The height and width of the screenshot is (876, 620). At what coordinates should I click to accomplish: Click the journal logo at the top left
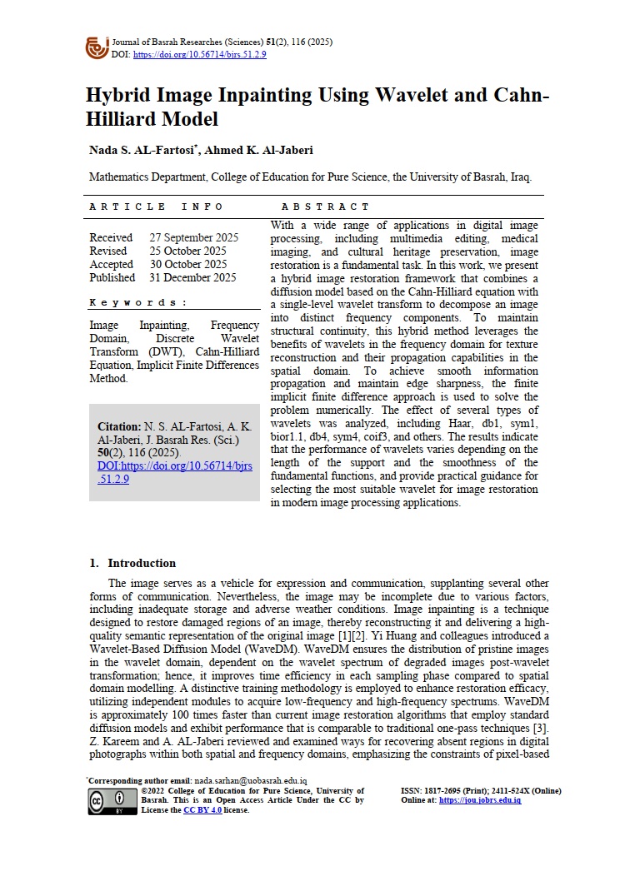[x=97, y=47]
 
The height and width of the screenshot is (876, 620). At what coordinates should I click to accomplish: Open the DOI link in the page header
[x=199, y=54]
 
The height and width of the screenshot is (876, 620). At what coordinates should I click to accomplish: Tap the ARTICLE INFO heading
[x=156, y=207]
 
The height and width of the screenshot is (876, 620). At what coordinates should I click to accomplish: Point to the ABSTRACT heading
[x=325, y=207]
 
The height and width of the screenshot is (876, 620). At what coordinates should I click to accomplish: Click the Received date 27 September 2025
[x=193, y=238]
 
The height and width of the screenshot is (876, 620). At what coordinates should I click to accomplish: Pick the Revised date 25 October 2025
[x=187, y=251]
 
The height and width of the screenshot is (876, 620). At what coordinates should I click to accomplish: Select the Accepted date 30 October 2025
[x=187, y=265]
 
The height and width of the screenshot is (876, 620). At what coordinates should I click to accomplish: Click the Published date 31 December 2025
[x=192, y=278]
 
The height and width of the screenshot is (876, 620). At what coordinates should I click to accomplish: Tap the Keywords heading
[x=138, y=302]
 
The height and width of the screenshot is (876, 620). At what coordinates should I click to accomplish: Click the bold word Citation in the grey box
[x=119, y=426]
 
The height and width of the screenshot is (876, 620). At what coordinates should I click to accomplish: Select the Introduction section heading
[x=142, y=563]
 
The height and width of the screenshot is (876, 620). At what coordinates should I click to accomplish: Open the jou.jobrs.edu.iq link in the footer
[x=479, y=800]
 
